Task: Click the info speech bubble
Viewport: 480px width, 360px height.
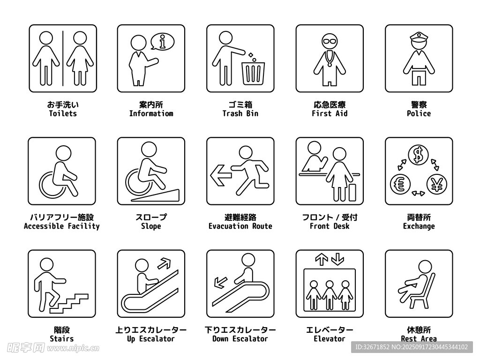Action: click(x=162, y=42)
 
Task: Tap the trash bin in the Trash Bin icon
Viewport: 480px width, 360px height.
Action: click(x=253, y=74)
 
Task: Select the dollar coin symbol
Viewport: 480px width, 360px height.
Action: click(x=418, y=155)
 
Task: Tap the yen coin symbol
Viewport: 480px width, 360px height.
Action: click(x=437, y=185)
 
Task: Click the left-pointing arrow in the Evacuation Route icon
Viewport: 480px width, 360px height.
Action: click(x=221, y=175)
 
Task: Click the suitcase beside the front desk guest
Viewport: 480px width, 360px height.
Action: click(x=352, y=193)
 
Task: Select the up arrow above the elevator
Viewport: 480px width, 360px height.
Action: click(x=322, y=259)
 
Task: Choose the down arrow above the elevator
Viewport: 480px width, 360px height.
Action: click(x=337, y=259)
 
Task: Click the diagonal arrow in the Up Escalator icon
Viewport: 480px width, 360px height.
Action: click(x=164, y=263)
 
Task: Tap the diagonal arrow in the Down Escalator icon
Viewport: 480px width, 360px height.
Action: click(x=220, y=282)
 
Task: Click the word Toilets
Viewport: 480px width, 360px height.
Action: click(x=63, y=113)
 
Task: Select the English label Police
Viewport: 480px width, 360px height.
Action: click(x=419, y=113)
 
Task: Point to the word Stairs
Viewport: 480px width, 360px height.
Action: click(x=62, y=339)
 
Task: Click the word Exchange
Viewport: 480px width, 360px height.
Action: click(x=419, y=226)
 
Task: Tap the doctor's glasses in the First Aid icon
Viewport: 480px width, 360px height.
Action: click(x=330, y=41)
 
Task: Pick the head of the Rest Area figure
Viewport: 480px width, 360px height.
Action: click(x=425, y=267)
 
